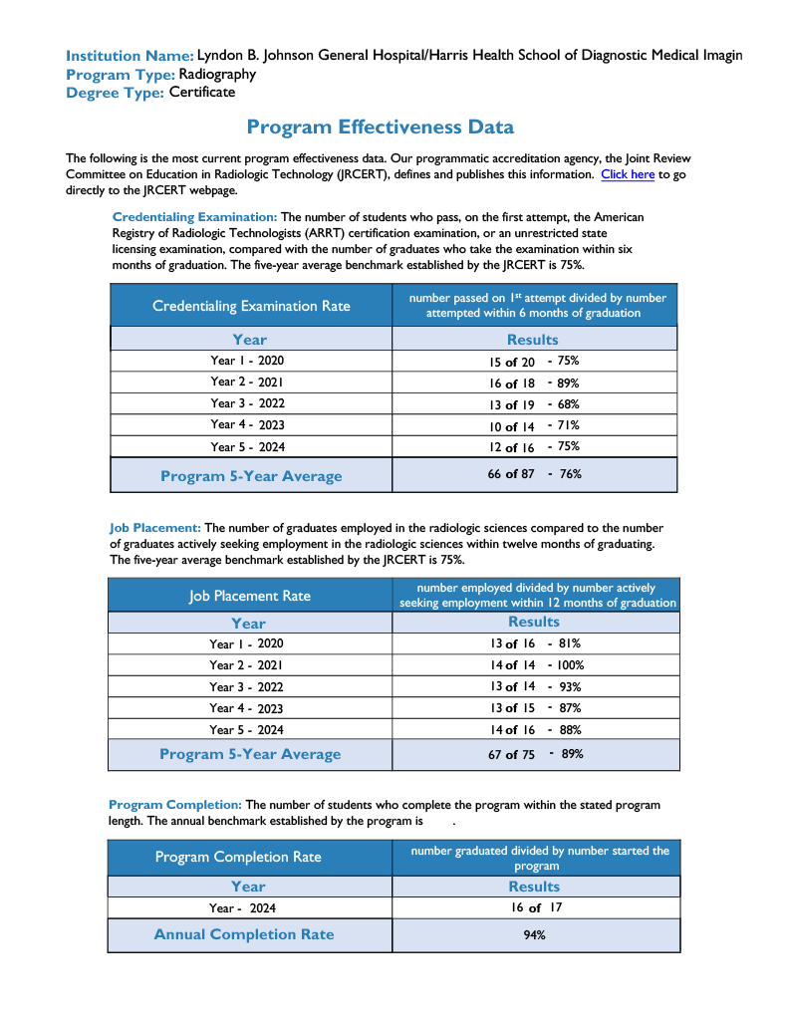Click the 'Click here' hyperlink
[628, 174]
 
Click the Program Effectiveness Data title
[380, 127]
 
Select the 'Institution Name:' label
[130, 56]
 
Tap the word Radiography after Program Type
[217, 74]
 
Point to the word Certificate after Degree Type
[202, 93]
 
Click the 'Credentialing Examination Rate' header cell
[251, 306]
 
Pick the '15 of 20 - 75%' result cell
[534, 362]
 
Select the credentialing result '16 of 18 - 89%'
[534, 383]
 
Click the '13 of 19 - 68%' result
[534, 404]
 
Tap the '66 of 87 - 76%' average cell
[534, 474]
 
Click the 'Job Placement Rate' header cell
[250, 596]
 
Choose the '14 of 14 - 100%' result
[536, 665]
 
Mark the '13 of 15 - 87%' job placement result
[535, 708]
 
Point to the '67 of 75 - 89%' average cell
[535, 754]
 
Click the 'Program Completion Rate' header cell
[238, 857]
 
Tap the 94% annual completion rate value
[534, 935]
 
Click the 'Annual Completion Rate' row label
[244, 934]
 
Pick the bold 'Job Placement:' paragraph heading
[155, 528]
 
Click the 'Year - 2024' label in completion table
[242, 908]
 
